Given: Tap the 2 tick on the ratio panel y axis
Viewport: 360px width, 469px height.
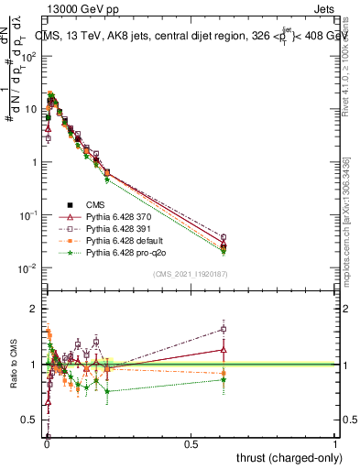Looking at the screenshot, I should [38, 309].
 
